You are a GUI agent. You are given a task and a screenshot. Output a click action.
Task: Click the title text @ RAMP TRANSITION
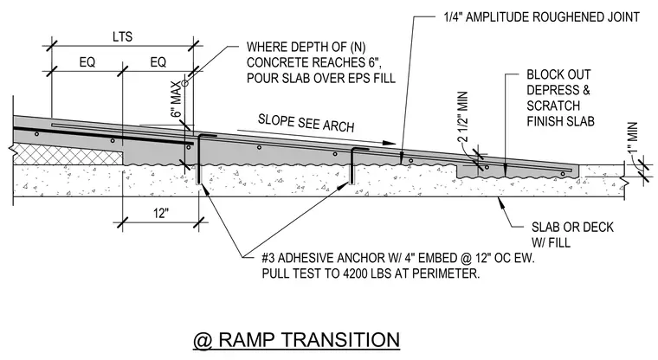click(296, 340)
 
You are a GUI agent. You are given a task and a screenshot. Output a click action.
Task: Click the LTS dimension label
click(123, 37)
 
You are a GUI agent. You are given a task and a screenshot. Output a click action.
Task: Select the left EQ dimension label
click(87, 62)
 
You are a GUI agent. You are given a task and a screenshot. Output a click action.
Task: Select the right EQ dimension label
click(158, 62)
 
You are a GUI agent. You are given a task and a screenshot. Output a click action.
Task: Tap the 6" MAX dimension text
click(177, 99)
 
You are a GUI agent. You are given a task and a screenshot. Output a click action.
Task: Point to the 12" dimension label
click(161, 213)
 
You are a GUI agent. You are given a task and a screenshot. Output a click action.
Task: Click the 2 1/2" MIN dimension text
click(462, 118)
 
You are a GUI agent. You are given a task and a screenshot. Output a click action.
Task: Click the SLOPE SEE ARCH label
click(306, 123)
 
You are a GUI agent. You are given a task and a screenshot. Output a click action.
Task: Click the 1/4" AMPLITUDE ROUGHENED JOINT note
click(542, 17)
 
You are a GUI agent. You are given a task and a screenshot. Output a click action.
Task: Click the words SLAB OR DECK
click(572, 227)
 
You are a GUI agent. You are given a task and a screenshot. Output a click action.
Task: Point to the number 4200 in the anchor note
click(356, 273)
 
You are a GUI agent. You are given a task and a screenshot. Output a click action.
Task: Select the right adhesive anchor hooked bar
click(352, 165)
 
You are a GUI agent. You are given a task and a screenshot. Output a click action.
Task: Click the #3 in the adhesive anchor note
click(268, 258)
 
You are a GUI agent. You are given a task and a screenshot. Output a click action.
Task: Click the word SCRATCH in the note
click(553, 106)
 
